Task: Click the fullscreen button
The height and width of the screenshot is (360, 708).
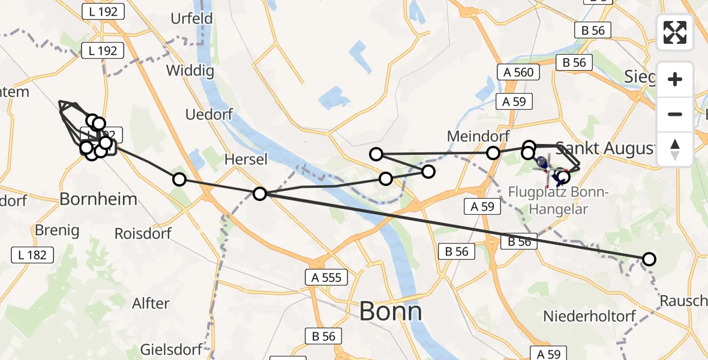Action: click(x=675, y=32)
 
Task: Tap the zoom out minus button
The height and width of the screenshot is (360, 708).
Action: click(x=675, y=114)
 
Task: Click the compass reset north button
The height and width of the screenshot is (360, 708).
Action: click(x=675, y=149)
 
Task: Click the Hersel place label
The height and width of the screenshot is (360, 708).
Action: click(x=245, y=160)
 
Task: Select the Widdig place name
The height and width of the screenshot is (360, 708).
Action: click(x=190, y=71)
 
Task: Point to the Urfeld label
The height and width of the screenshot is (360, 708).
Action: click(x=191, y=19)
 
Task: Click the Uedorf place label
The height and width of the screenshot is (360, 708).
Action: click(x=208, y=115)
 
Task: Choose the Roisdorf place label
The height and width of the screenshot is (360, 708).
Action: click(x=143, y=233)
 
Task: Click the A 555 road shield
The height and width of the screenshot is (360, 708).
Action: click(x=326, y=277)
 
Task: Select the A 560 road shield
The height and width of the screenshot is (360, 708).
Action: click(x=518, y=73)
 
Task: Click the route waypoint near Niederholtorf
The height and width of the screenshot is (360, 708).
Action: click(x=649, y=259)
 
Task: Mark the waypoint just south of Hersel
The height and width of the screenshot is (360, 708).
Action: click(x=260, y=194)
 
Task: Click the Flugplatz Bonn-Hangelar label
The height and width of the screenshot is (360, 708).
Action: click(x=559, y=200)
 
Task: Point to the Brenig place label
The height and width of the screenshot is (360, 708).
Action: click(x=57, y=230)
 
